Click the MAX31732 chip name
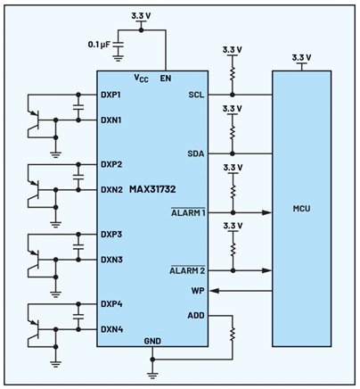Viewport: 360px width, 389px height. [152, 189]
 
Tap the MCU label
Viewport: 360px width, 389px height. [301, 209]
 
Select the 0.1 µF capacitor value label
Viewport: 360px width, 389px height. [99, 45]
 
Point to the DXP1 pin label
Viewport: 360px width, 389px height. [110, 95]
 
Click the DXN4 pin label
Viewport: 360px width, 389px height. [111, 329]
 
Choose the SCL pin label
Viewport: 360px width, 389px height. [196, 95]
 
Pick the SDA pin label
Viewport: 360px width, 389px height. [196, 153]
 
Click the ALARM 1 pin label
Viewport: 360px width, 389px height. [188, 212]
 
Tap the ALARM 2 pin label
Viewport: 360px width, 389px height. [187, 270]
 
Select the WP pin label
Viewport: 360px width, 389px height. [198, 291]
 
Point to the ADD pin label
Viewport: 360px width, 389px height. [196, 315]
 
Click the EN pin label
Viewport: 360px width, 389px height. [166, 79]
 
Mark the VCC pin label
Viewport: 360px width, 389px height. [141, 79]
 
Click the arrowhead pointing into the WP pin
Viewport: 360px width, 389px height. [214, 291]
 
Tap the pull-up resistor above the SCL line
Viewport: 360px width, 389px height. [233, 74]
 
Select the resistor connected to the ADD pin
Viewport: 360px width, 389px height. [233, 334]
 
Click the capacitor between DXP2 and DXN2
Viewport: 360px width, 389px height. [78, 177]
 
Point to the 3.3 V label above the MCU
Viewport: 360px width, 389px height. [301, 57]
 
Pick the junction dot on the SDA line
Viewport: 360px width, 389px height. [233, 153]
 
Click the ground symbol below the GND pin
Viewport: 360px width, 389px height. [152, 376]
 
